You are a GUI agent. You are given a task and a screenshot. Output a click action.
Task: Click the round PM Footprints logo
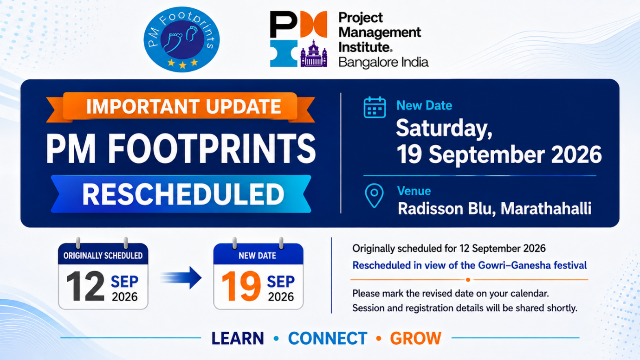pos(182,39)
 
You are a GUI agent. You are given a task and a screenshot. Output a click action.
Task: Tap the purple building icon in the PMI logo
pos(313,54)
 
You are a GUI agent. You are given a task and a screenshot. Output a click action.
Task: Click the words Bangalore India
pos(383,62)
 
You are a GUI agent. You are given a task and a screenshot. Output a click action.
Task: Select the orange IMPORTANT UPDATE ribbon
pos(181,107)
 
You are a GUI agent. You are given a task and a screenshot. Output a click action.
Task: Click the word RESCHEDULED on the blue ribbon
pos(183,194)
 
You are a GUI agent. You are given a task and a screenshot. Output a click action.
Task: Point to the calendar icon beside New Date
pos(375,107)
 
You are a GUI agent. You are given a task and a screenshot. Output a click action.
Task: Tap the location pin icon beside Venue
pos(374,196)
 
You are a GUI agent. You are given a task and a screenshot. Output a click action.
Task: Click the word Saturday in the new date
pos(444,129)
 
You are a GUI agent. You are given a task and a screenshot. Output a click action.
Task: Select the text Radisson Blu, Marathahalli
pos(495,209)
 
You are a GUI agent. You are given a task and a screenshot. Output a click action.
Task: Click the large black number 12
pos(85,286)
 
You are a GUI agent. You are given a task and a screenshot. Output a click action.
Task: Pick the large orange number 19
pos(241,286)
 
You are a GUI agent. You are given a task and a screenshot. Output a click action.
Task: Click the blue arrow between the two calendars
pos(181,278)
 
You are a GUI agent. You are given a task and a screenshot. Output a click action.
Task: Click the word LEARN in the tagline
pos(238,339)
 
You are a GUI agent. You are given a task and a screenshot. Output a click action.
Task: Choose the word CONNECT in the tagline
pos(328,339)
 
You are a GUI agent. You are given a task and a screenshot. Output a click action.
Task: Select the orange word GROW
pos(416,339)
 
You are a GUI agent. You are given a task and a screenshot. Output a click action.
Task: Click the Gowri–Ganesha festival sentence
pos(469,265)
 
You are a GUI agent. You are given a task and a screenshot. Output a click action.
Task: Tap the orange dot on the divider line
pos(468,280)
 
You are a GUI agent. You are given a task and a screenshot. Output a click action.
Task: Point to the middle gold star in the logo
pos(182,65)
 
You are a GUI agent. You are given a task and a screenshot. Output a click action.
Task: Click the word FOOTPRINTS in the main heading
pos(212,149)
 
